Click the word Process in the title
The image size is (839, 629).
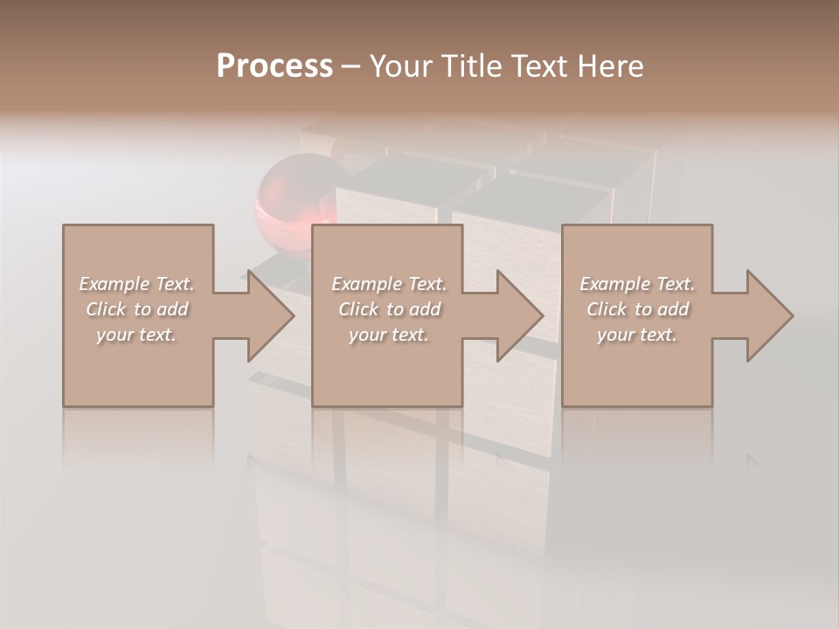click(x=274, y=66)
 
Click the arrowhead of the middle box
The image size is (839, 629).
click(x=519, y=315)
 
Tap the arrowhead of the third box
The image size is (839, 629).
click(x=769, y=315)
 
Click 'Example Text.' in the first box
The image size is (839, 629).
click(x=136, y=284)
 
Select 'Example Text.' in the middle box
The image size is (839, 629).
click(x=389, y=284)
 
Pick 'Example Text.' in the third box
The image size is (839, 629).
click(x=637, y=284)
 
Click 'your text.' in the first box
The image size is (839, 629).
click(x=136, y=335)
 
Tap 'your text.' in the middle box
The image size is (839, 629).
click(x=389, y=335)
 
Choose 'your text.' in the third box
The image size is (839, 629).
click(x=637, y=335)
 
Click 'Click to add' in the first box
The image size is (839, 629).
click(x=136, y=309)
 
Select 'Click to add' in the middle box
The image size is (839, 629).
click(x=389, y=309)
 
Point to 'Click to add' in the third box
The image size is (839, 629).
click(x=637, y=309)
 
